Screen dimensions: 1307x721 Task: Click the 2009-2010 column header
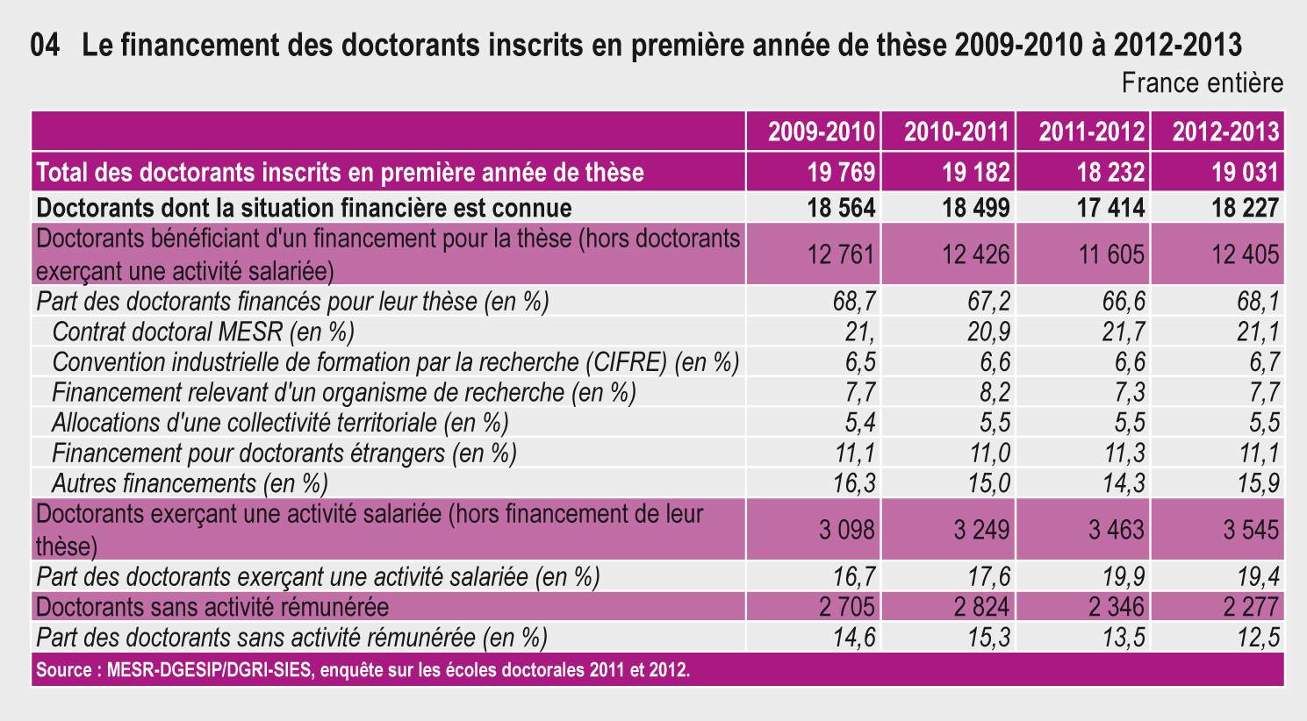821,132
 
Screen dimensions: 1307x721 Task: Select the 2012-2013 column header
1225,132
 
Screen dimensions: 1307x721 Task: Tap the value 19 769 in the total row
841,173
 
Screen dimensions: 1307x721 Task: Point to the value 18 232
1110,173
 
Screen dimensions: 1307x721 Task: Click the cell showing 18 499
975,208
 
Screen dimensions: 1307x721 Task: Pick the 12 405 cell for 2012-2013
1246,254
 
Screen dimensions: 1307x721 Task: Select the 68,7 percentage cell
854,302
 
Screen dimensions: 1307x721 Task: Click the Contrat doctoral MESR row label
203,332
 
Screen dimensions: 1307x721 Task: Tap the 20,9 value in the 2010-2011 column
989,332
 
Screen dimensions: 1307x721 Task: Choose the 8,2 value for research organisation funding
995,392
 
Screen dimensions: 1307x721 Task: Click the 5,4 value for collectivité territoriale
860,423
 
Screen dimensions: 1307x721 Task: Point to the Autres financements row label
190,484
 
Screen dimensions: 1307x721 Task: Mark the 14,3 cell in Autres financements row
1124,483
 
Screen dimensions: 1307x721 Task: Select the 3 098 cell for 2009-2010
847,530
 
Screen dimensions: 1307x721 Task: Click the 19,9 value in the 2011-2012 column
1124,576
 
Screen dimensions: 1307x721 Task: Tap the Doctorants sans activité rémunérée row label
212,607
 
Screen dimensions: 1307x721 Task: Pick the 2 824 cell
981,607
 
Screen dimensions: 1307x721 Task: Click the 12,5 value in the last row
1259,637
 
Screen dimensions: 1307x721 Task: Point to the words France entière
1203,83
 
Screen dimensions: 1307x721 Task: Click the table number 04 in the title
45,45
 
